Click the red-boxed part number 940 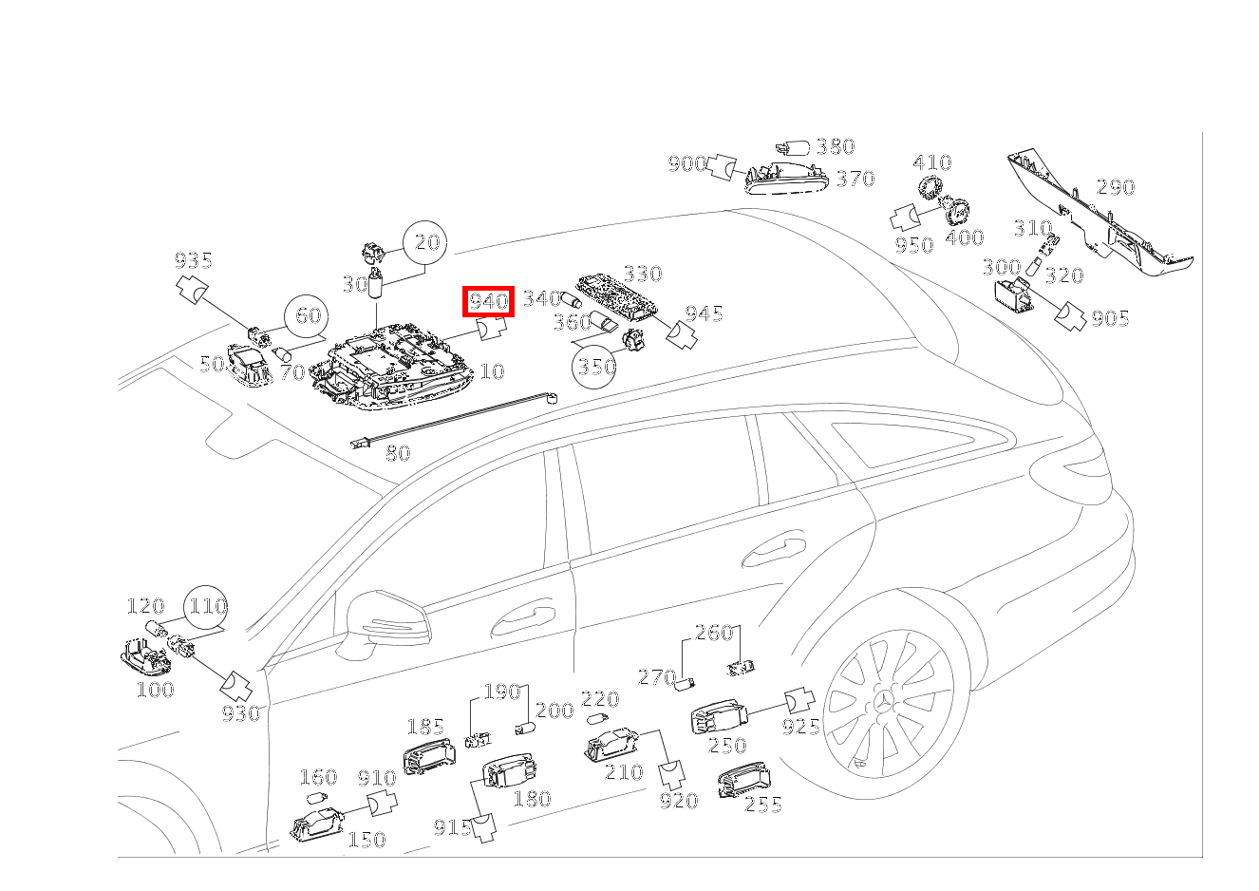pos(488,302)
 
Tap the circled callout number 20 pos(425,242)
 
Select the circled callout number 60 pos(307,316)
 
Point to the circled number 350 pos(594,367)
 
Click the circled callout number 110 pos(206,607)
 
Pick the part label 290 pos(1116,187)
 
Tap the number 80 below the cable pos(398,453)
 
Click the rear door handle pos(774,553)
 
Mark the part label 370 pos(855,180)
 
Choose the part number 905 pos(1111,319)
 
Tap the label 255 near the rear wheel pos(763,805)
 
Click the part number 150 pos(367,840)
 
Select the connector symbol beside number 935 pos(193,290)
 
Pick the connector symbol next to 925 pos(799,701)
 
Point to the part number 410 pos(932,163)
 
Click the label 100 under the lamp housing pos(156,690)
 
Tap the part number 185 pos(425,728)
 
